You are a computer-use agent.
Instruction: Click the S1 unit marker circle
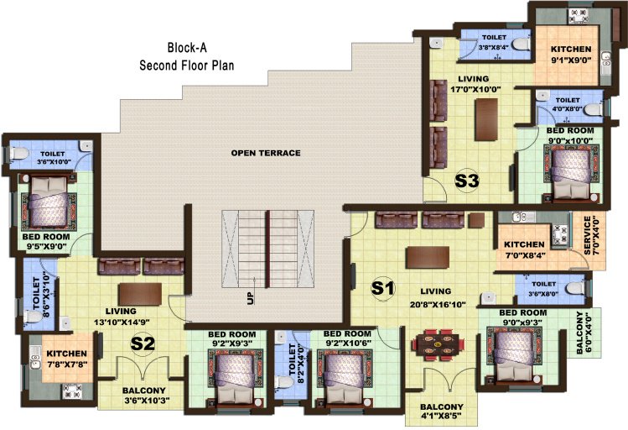point(383,288)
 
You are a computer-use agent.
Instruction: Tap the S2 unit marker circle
point(143,343)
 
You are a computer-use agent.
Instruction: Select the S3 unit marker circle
point(466,181)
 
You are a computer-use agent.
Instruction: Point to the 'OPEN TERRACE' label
point(267,153)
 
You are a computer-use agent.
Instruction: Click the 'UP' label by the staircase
point(249,297)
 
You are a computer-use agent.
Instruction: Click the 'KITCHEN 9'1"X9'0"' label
point(571,55)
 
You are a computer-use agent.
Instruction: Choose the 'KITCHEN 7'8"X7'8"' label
point(62,359)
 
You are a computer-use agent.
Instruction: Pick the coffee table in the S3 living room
point(484,120)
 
